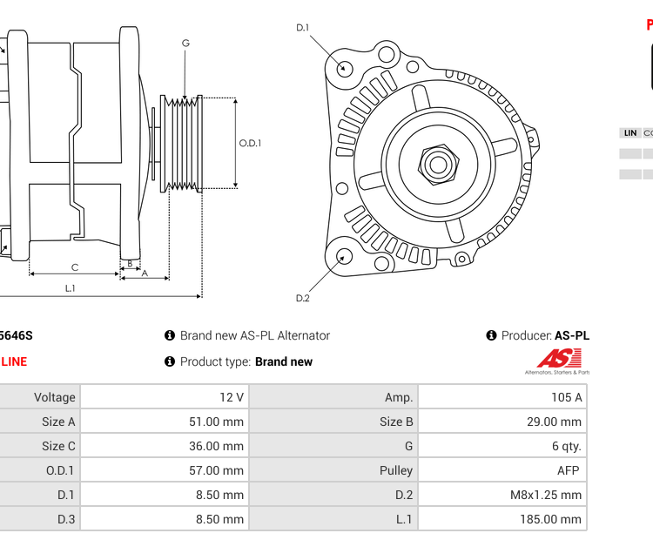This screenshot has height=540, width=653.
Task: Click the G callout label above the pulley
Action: pos(185,43)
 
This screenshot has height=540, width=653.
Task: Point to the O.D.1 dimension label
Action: pos(251,144)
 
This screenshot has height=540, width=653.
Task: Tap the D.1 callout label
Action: pos(302,28)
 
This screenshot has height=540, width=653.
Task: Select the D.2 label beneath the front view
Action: pos(302,298)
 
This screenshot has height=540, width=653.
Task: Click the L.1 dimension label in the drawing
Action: pos(71,287)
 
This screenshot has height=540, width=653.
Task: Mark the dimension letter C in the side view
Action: pos(75,267)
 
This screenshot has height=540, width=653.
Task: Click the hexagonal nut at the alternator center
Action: pos(438,163)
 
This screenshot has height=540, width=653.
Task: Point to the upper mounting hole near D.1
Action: pos(345,68)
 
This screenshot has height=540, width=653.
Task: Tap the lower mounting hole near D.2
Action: pos(345,256)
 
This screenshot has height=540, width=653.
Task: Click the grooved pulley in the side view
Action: pos(183,144)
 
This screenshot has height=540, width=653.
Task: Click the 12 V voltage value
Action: pos(165,397)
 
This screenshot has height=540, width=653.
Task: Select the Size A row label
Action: pos(40,422)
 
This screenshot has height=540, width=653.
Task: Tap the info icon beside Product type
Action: pos(170,361)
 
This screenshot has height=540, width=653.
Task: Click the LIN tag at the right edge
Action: pos(629,133)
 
